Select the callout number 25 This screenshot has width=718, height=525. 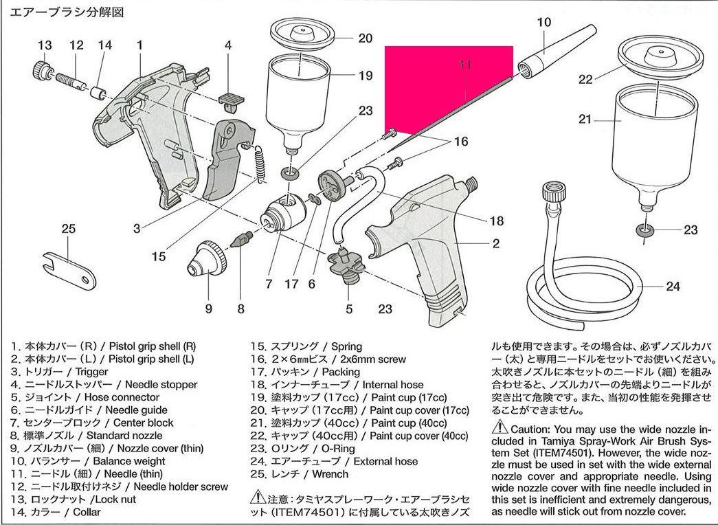(68, 229)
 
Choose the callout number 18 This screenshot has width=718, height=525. (496, 221)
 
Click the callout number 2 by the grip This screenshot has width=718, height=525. (495, 243)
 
